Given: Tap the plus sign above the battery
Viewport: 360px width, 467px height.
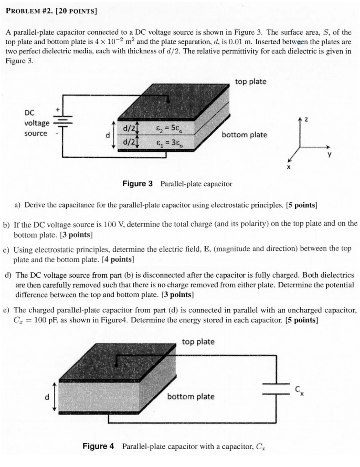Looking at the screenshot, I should coord(57,110).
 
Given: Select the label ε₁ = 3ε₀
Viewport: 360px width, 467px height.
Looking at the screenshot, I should coord(168,144).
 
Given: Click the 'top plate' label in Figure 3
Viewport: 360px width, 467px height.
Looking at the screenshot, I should coord(250,82).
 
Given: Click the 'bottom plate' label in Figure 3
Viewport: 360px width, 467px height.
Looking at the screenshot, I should coord(245,135).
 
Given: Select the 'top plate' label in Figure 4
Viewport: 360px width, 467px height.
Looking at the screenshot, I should coord(198,342).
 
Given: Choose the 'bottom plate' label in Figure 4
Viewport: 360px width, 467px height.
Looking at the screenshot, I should coord(190,396).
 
